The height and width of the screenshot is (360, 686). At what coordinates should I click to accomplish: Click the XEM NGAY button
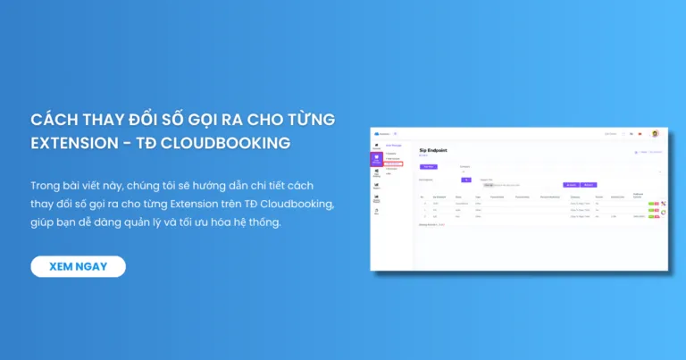pos(79,266)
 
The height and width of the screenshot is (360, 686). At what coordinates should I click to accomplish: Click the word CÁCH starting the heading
pos(51,120)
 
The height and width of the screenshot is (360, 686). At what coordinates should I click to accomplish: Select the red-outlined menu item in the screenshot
pos(394,163)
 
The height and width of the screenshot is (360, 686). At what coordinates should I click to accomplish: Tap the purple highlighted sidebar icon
pos(377,159)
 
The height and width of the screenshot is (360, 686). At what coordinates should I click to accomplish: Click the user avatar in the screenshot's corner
pos(655,133)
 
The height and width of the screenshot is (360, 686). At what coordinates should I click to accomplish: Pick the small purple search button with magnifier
pos(465,179)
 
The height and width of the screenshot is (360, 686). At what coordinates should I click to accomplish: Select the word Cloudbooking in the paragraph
pos(292,204)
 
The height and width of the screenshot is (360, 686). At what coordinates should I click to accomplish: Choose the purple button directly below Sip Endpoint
pos(429,166)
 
